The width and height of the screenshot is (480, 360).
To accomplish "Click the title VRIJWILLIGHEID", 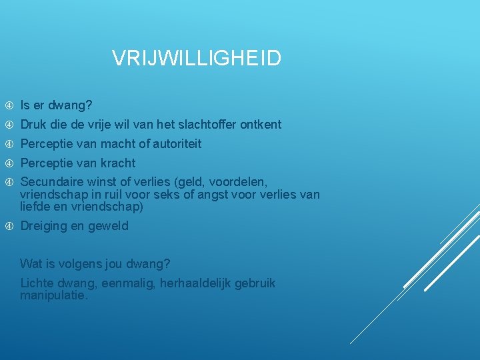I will click(197, 59).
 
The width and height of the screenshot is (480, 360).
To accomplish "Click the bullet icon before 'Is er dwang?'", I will click(9, 105).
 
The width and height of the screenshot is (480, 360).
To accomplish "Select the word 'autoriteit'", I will click(177, 144).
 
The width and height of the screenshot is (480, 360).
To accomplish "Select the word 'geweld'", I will click(111, 226).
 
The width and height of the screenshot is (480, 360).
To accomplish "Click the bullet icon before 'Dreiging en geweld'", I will click(9, 226).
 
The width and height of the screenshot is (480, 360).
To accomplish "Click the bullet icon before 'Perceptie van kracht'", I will click(9, 163).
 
